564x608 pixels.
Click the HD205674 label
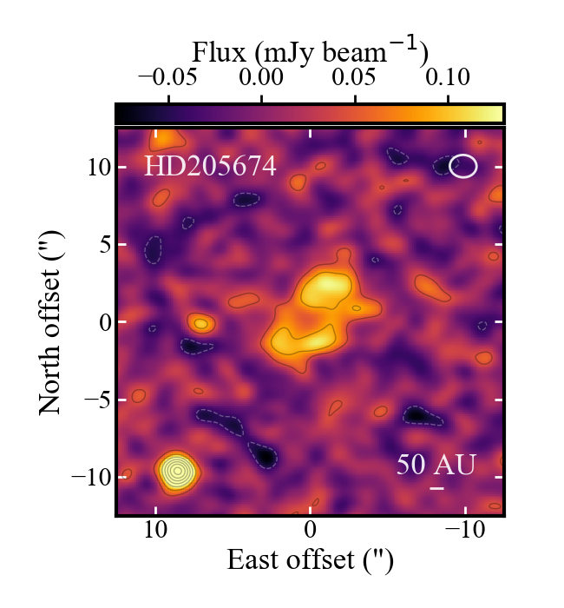pyautogui.click(x=210, y=165)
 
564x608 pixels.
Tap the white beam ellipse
pyautogui.click(x=463, y=166)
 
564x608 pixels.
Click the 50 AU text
pyautogui.click(x=436, y=465)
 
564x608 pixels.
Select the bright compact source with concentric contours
pyautogui.click(x=177, y=471)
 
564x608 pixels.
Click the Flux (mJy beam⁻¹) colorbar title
pyautogui.click(x=310, y=54)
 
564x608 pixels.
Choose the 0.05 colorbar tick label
pyautogui.click(x=357, y=77)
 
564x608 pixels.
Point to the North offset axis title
pyautogui.click(x=54, y=322)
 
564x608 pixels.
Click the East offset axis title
pyautogui.click(x=310, y=560)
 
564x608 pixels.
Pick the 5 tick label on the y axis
pyautogui.click(x=99, y=245)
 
